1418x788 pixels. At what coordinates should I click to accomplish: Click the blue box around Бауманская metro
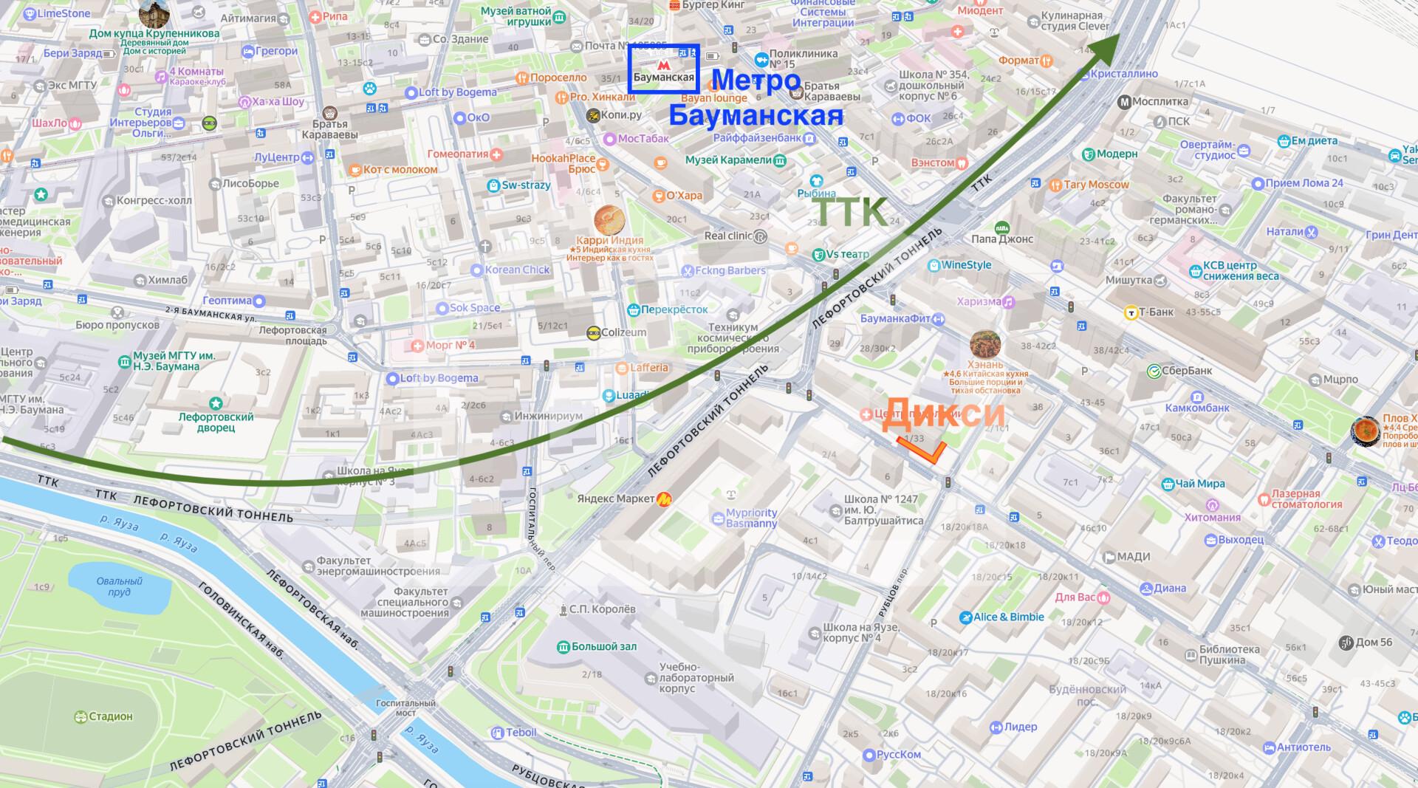(x=663, y=69)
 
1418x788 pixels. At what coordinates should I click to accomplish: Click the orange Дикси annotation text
(x=943, y=413)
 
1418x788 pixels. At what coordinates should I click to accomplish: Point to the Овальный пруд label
(x=119, y=586)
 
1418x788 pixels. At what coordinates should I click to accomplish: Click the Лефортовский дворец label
(x=216, y=422)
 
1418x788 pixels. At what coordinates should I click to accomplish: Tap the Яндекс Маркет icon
(x=665, y=499)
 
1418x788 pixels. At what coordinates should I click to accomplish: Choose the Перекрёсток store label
(x=674, y=309)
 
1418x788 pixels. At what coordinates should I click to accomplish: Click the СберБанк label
(x=1187, y=371)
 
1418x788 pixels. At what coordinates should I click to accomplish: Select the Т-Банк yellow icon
(x=1130, y=312)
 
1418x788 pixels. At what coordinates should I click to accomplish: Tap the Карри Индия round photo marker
(x=610, y=219)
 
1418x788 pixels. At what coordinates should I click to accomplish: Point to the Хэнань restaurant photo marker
(x=985, y=345)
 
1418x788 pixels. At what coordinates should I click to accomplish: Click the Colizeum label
(x=623, y=333)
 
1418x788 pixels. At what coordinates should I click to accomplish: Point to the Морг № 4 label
(x=450, y=345)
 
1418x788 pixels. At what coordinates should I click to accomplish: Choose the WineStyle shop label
(x=966, y=265)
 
